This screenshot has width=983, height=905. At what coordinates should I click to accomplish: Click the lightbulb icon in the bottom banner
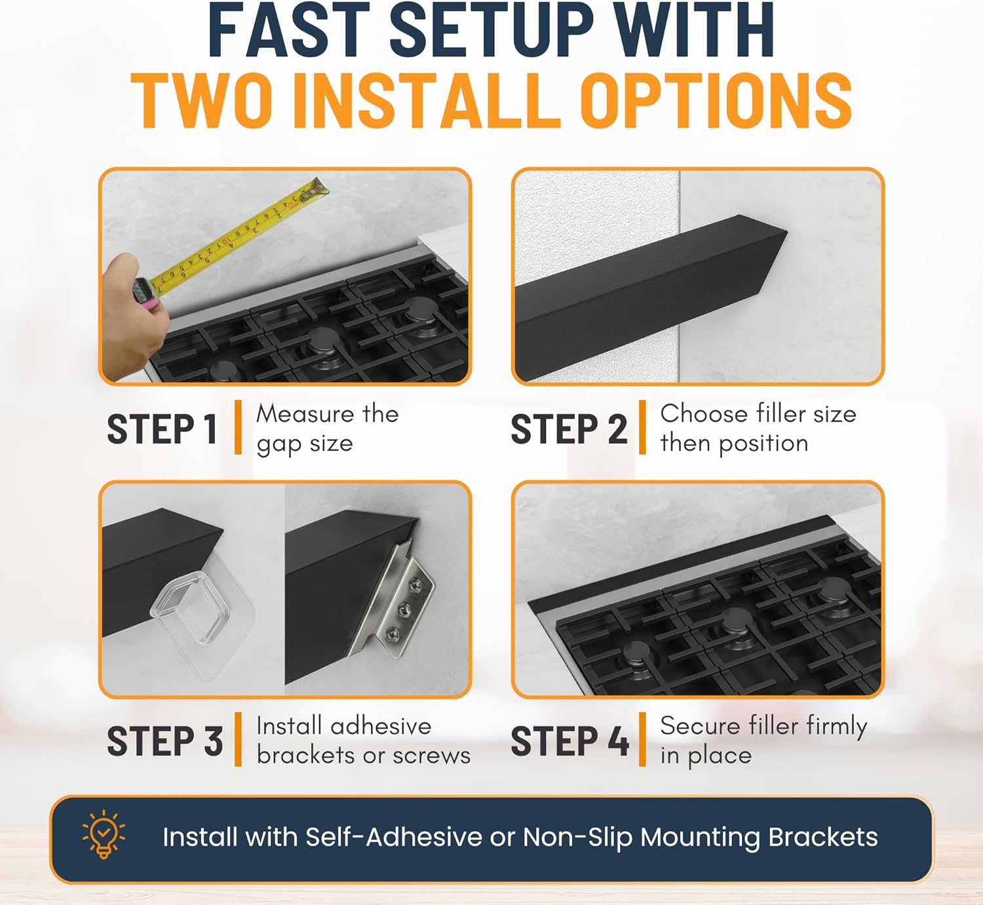point(104,834)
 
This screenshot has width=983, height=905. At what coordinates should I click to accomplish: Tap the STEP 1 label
point(163,429)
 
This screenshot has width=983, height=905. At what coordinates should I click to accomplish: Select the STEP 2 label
point(569,429)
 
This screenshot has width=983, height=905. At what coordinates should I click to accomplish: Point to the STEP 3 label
point(164,741)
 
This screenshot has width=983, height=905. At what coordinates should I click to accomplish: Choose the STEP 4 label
point(570,741)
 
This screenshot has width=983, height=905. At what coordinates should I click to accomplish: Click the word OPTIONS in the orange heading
point(718,100)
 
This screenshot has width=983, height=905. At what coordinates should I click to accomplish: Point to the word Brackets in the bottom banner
point(822,837)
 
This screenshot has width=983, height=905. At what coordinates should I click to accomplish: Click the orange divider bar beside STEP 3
point(239,739)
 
